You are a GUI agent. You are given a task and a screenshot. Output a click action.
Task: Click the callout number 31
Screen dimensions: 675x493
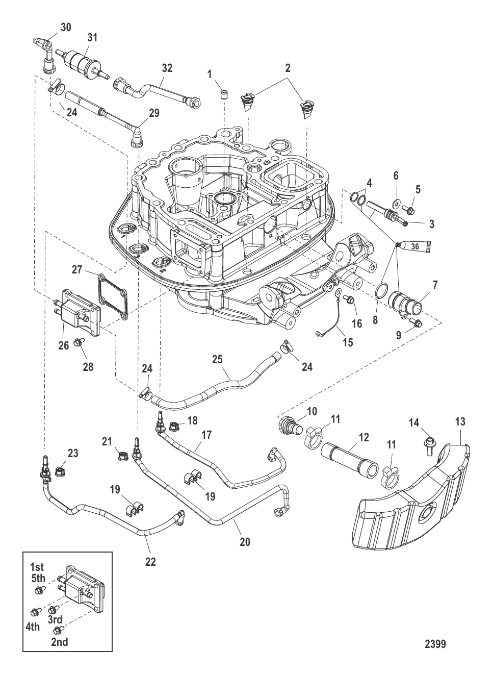pyautogui.click(x=92, y=37)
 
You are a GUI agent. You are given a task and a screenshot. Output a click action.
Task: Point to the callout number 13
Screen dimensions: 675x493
pyautogui.click(x=460, y=422)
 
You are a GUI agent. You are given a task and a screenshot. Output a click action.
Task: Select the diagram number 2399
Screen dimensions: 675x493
pyautogui.click(x=435, y=644)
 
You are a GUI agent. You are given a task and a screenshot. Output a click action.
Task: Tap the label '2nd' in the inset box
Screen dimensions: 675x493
pyautogui.click(x=59, y=642)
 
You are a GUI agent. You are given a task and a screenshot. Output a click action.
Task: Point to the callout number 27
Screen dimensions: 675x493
pyautogui.click(x=77, y=269)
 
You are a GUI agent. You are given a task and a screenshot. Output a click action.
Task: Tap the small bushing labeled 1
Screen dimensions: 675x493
pyautogui.click(x=223, y=94)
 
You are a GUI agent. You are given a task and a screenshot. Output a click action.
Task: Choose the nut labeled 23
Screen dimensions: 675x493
pyautogui.click(x=59, y=465)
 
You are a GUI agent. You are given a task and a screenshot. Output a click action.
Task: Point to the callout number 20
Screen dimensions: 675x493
pyautogui.click(x=245, y=542)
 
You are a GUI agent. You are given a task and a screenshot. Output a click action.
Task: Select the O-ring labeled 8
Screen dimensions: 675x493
pyautogui.click(x=380, y=291)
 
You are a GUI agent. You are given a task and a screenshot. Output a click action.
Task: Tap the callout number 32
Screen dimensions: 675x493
pyautogui.click(x=167, y=68)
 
